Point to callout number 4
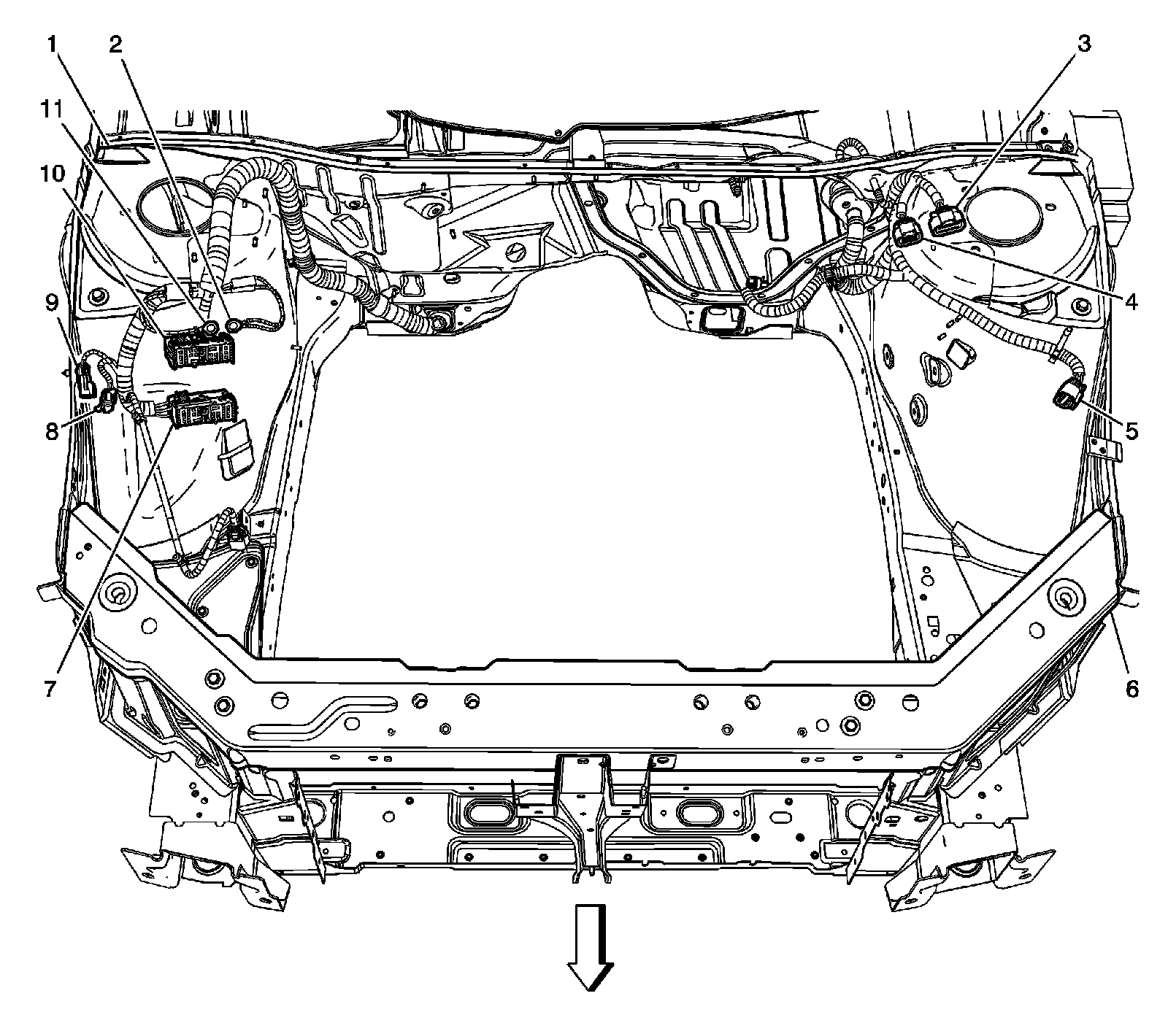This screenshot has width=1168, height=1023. [x=1131, y=300]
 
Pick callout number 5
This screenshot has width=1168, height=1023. [x=1131, y=431]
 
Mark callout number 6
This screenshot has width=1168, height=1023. [x=1131, y=688]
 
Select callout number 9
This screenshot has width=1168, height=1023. [x=50, y=300]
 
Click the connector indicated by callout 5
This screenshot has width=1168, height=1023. [x=1064, y=399]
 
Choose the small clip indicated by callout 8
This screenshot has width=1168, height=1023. [x=107, y=399]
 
